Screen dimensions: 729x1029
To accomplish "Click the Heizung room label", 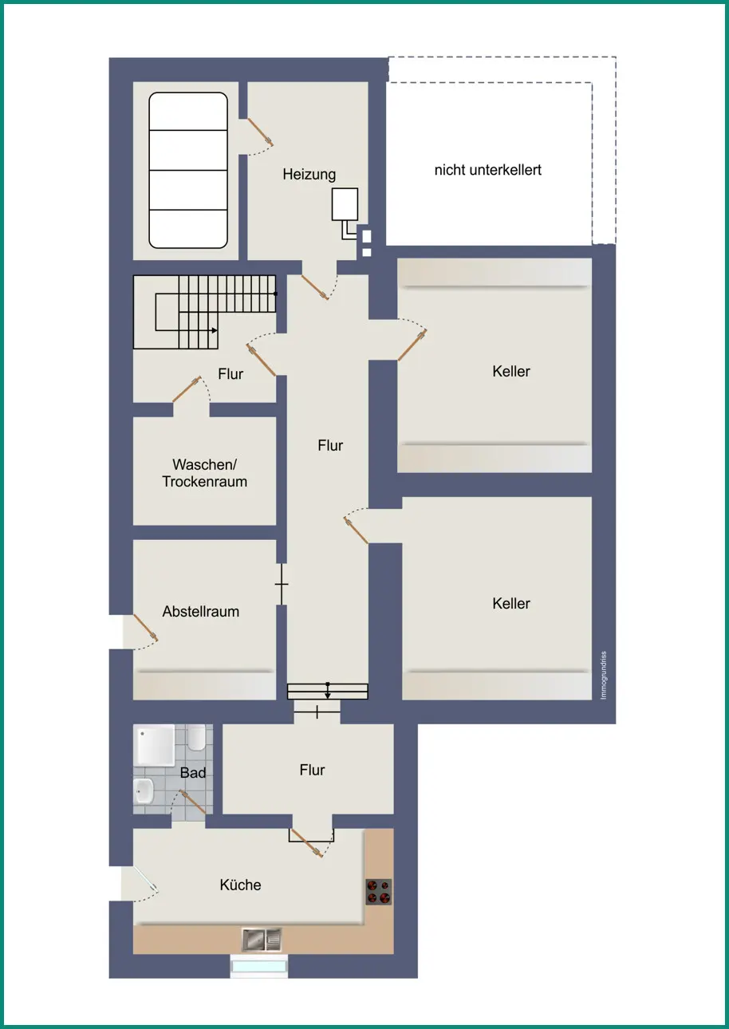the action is [309, 175].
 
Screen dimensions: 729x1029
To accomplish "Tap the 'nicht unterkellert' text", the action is [488, 170].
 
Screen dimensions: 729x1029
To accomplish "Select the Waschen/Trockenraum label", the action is [204, 473].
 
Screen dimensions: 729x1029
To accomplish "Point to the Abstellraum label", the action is [201, 612].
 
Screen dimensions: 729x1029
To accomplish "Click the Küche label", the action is [240, 885].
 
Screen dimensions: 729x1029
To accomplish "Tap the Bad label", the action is [192, 773].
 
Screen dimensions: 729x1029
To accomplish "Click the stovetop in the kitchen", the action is [379, 892].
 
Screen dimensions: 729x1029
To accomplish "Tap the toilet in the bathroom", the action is [196, 737].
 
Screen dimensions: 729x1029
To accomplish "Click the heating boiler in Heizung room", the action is [345, 204].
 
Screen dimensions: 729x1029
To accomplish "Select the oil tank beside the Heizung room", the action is [188, 171].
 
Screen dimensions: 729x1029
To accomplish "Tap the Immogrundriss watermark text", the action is [604, 676].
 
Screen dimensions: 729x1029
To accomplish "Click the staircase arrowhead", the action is [215, 330].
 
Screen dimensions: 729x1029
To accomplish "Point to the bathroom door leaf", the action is [193, 802].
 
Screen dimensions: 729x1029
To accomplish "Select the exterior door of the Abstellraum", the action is [146, 628].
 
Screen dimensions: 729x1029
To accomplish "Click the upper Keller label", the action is [511, 371].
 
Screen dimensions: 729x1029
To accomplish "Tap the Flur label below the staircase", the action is [231, 374].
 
